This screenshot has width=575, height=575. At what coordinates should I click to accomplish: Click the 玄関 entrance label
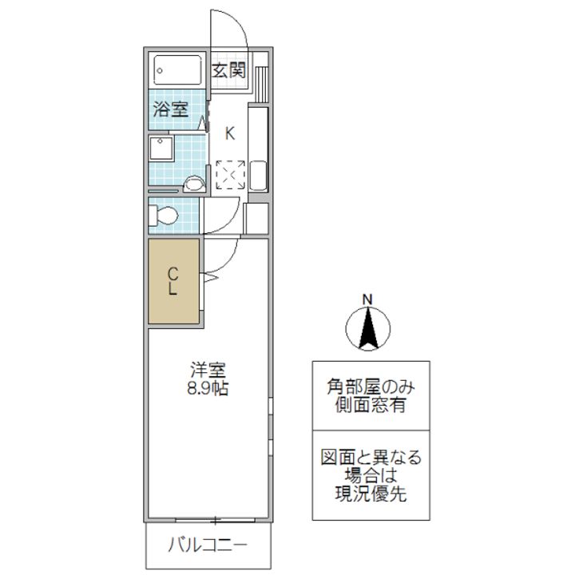click(228, 70)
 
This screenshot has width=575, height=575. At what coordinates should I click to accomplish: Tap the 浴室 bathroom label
click(171, 109)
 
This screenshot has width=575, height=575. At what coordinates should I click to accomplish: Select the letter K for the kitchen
click(230, 133)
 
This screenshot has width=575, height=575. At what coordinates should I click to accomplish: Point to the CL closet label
click(172, 281)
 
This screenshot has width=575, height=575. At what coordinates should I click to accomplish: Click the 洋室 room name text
click(208, 370)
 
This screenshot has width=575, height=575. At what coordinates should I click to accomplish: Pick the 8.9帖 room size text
click(208, 388)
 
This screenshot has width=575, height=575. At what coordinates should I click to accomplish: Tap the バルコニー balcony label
click(208, 545)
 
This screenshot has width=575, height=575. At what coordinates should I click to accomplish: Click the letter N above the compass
click(367, 299)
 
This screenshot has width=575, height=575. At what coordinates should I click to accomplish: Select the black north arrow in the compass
click(368, 329)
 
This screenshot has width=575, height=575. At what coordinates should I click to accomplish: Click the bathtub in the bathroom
click(177, 70)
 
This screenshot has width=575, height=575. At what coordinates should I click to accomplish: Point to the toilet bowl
click(164, 216)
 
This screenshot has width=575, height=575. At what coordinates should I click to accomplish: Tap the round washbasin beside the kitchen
click(193, 183)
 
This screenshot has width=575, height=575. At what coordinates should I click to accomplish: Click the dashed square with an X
click(230, 175)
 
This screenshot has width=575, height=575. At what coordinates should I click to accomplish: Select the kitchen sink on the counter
click(258, 175)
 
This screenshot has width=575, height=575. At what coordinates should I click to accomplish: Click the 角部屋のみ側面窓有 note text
click(371, 395)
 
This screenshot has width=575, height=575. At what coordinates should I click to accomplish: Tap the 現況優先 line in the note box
click(371, 494)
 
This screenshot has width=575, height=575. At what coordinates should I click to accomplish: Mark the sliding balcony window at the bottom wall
click(216, 520)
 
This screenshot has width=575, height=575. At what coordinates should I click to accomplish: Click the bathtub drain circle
click(160, 70)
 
